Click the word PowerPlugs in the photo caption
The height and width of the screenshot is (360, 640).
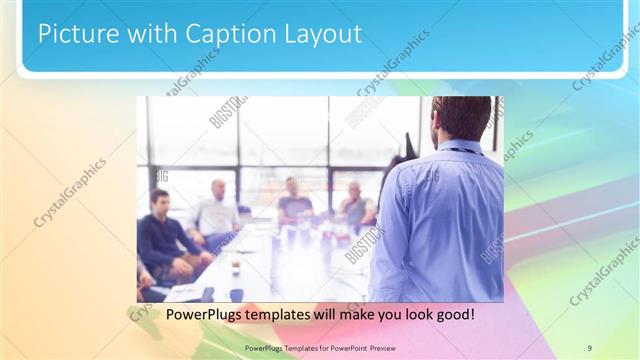[x=202, y=314]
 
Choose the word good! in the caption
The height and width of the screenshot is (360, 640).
[x=452, y=314]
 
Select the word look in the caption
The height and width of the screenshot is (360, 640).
[x=408, y=314]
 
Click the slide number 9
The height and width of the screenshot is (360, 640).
[x=589, y=347]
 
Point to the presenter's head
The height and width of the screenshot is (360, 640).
[x=461, y=118]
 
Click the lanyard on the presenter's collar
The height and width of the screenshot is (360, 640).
[x=460, y=150]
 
